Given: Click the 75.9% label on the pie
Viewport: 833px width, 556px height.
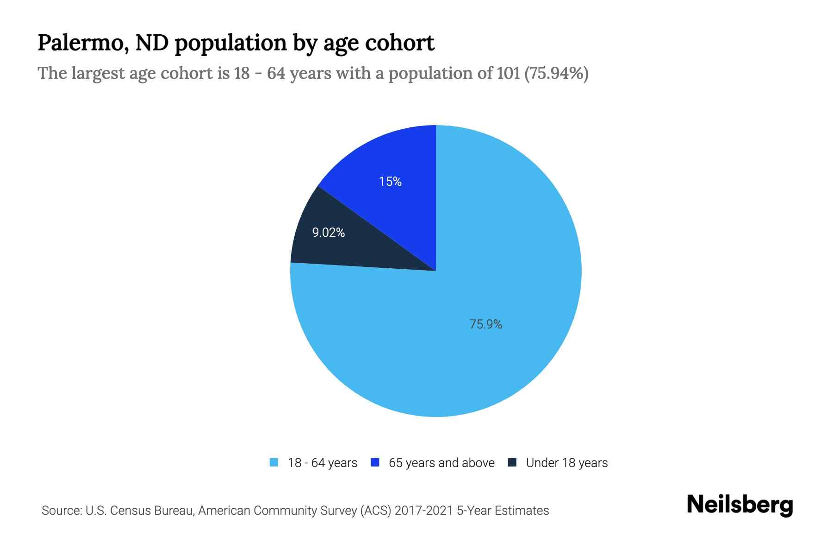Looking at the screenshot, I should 485,324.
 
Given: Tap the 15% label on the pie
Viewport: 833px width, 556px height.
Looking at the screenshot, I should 390,182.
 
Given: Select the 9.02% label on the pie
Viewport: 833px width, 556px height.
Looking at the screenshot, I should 328,233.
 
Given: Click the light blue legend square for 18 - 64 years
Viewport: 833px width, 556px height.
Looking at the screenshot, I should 274,462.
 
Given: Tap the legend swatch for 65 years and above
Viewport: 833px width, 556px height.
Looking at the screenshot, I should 375,462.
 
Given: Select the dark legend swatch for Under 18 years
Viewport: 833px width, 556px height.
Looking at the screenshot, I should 512,462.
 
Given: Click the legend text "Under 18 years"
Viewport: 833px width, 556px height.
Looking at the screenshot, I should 567,463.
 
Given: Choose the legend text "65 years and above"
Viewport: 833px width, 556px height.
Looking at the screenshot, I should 441,463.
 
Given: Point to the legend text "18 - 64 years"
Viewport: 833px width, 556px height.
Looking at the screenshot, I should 323,463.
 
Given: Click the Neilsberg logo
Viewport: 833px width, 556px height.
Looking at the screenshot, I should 740,505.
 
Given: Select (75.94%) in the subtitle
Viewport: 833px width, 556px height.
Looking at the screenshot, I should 556,73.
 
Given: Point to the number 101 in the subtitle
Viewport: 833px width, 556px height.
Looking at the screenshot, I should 509,73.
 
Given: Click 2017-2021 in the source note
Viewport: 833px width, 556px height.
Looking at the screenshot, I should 424,511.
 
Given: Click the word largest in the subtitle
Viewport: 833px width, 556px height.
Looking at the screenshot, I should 96,73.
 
